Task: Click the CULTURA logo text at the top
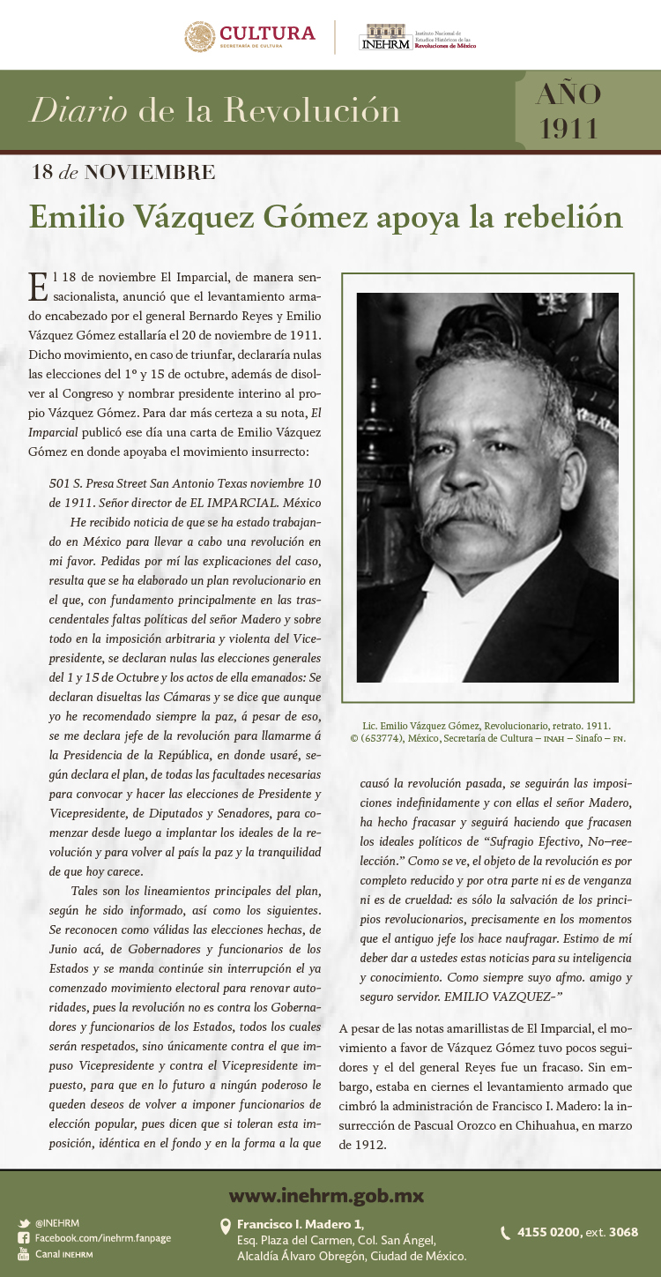[x=267, y=34]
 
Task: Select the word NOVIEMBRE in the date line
[x=149, y=172]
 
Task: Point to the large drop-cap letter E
[x=37, y=287]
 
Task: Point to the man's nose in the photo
[x=472, y=467]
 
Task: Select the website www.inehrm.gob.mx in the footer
[x=326, y=1197]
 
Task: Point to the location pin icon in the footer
[x=226, y=1226]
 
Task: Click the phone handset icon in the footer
[x=506, y=1233]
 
